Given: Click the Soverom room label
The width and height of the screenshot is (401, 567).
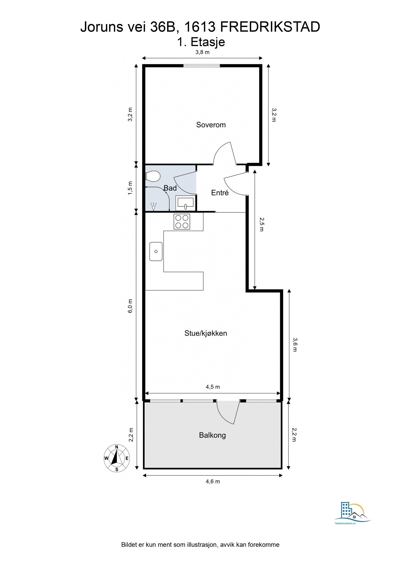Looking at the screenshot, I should click(x=211, y=125).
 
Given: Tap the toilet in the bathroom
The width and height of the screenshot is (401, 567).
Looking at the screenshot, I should click(x=153, y=176).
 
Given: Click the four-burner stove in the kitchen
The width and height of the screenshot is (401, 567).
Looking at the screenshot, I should click(x=182, y=222).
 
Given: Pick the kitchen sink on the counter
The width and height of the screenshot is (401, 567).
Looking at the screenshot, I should click(x=156, y=251).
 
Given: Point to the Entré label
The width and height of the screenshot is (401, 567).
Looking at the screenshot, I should click(x=220, y=193).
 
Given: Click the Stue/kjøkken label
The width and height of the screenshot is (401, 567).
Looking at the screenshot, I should click(x=206, y=333).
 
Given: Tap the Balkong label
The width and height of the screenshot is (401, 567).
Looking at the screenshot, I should click(x=212, y=435).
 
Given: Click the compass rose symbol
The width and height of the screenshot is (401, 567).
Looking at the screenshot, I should click(x=117, y=458).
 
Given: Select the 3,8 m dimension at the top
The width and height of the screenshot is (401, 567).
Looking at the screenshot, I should click(x=202, y=52).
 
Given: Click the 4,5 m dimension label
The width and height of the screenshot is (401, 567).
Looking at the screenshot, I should click(x=213, y=387).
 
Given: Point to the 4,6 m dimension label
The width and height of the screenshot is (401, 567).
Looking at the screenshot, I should click(x=213, y=481).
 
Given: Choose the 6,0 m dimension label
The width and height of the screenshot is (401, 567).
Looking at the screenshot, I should click(x=130, y=306).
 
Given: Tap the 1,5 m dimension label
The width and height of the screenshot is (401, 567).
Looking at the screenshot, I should click(x=130, y=188).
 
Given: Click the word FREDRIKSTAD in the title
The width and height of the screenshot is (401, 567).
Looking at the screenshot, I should click(x=270, y=27).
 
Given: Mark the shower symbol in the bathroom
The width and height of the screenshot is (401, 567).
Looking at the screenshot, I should click(x=153, y=206).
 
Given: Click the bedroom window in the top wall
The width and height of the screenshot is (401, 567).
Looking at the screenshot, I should click(x=202, y=66).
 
